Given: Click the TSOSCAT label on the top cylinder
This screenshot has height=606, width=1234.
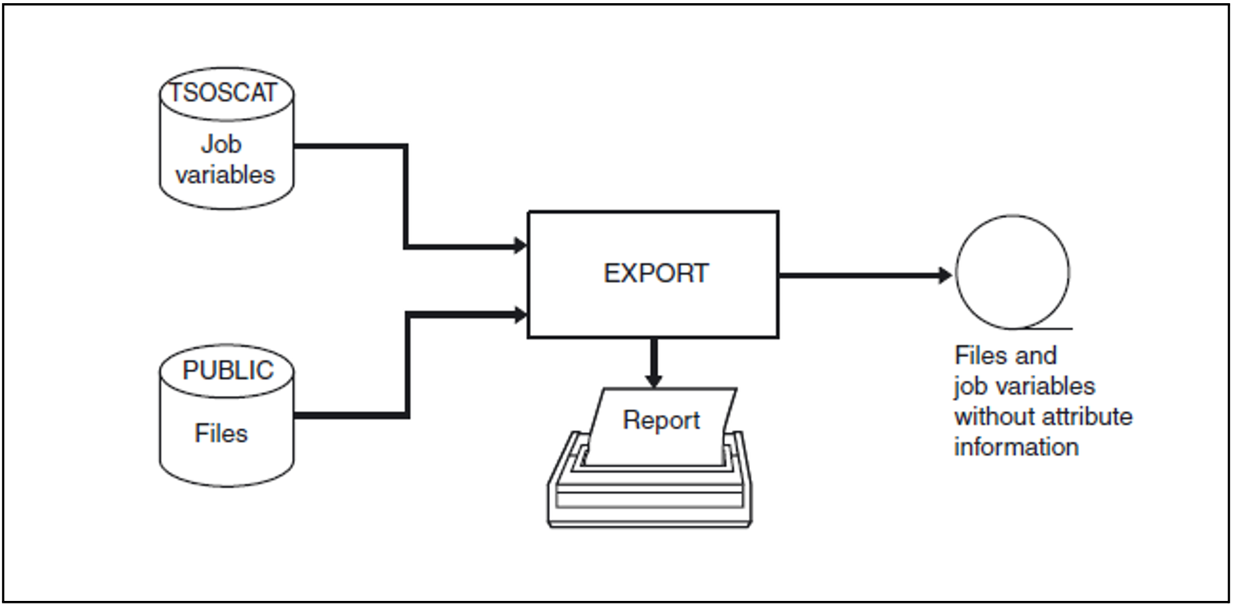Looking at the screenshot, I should (x=223, y=93).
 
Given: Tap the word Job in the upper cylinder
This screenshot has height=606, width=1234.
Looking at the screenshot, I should (x=221, y=144).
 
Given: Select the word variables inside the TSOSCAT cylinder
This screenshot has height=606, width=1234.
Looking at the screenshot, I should (x=225, y=175).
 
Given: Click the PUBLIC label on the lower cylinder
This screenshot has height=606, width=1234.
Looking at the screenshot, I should (x=228, y=371).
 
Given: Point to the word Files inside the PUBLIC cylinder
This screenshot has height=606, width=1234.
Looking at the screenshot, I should (x=221, y=433).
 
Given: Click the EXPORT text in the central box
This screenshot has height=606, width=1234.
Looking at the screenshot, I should (x=655, y=273).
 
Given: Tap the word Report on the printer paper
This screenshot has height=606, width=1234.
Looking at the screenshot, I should (x=661, y=420).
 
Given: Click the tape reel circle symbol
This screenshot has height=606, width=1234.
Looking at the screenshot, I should (x=1012, y=272).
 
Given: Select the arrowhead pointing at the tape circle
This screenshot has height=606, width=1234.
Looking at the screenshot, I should (x=945, y=275).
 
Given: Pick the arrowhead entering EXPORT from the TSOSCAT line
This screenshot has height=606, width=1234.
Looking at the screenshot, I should (x=520, y=246).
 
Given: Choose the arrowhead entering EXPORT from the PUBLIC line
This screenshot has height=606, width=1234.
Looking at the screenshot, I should (x=520, y=313).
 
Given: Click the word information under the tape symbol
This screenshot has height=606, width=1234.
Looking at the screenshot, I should (x=1016, y=447).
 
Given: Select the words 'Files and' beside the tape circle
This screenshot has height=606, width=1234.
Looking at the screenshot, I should (x=1006, y=355).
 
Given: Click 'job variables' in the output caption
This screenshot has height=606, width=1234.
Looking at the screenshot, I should (x=1024, y=386).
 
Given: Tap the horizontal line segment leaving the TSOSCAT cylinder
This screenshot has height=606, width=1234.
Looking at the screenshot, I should (x=349, y=146).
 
